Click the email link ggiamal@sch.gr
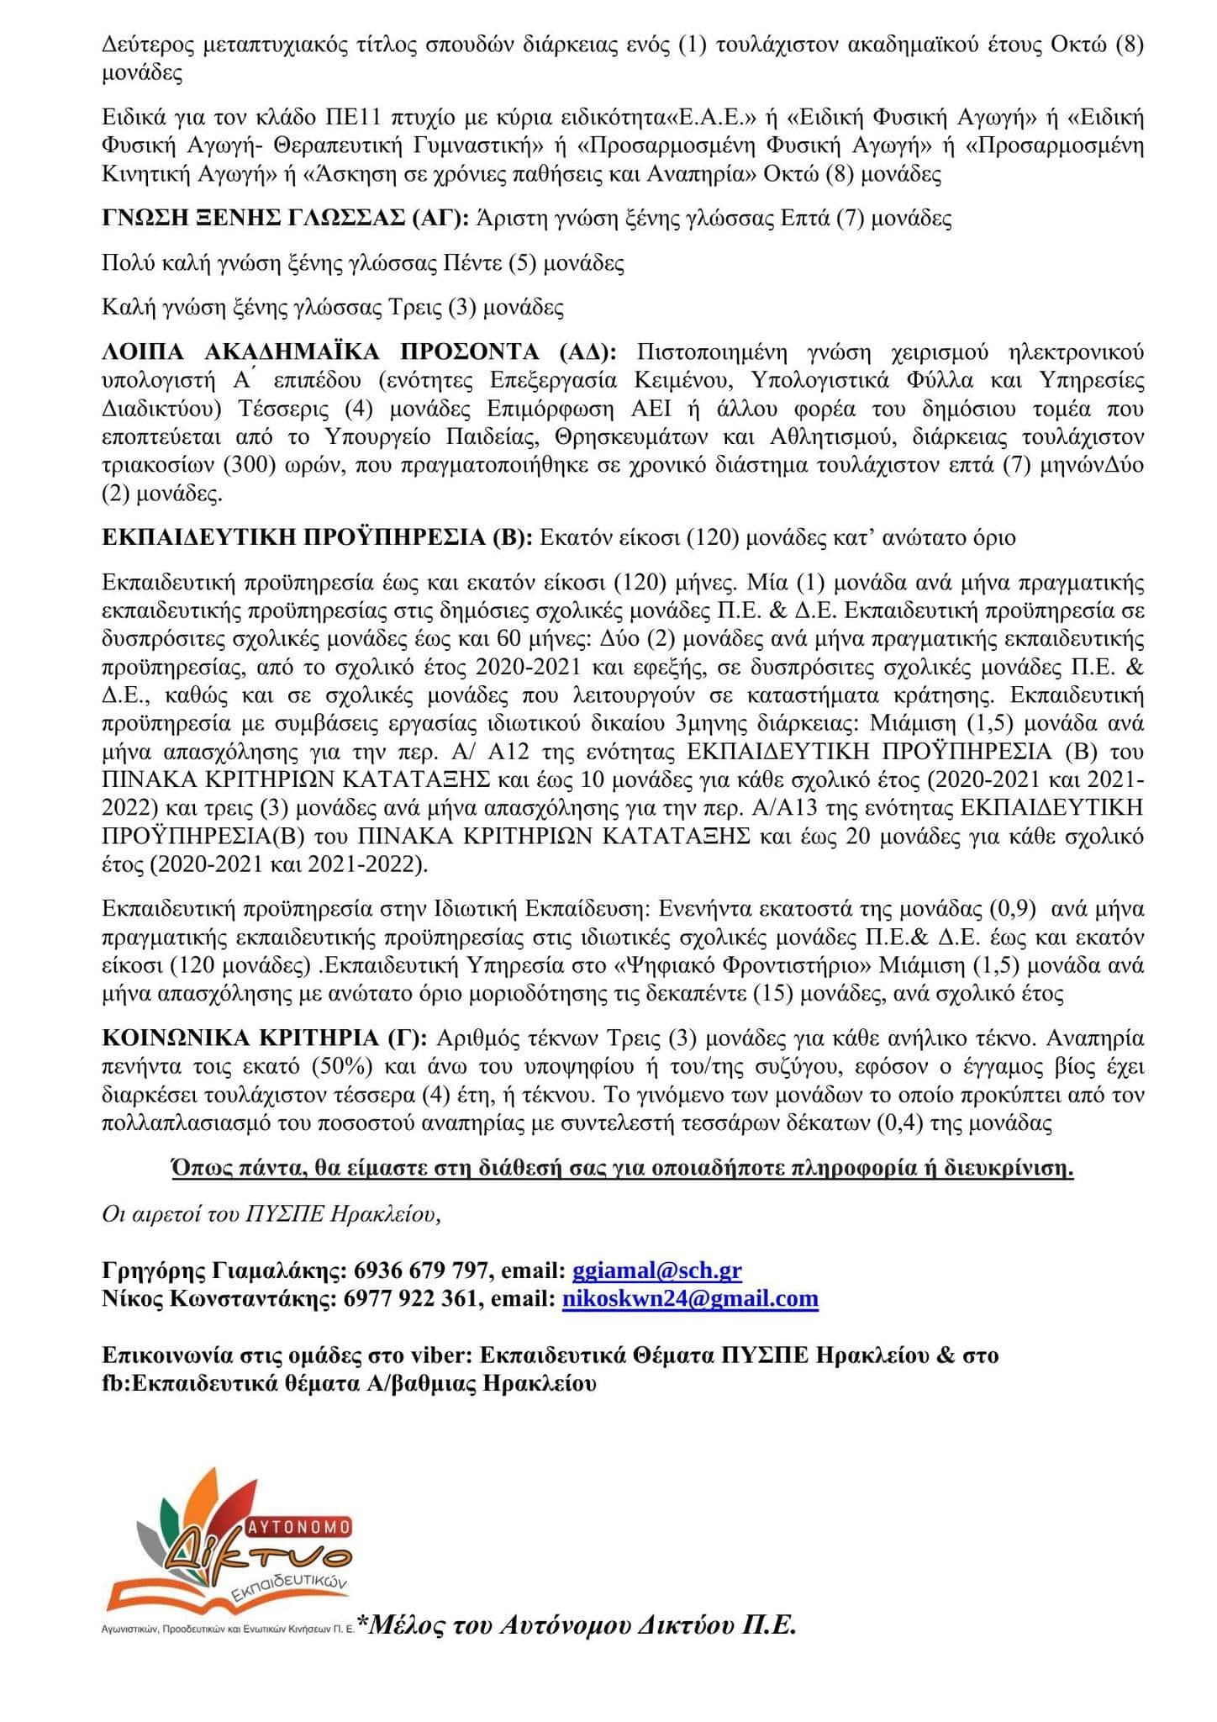[656, 1270]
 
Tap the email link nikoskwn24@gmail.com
[690, 1298]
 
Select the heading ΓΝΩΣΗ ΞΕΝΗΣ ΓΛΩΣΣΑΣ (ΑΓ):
[286, 219]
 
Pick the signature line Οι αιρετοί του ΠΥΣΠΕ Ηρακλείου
[271, 1214]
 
